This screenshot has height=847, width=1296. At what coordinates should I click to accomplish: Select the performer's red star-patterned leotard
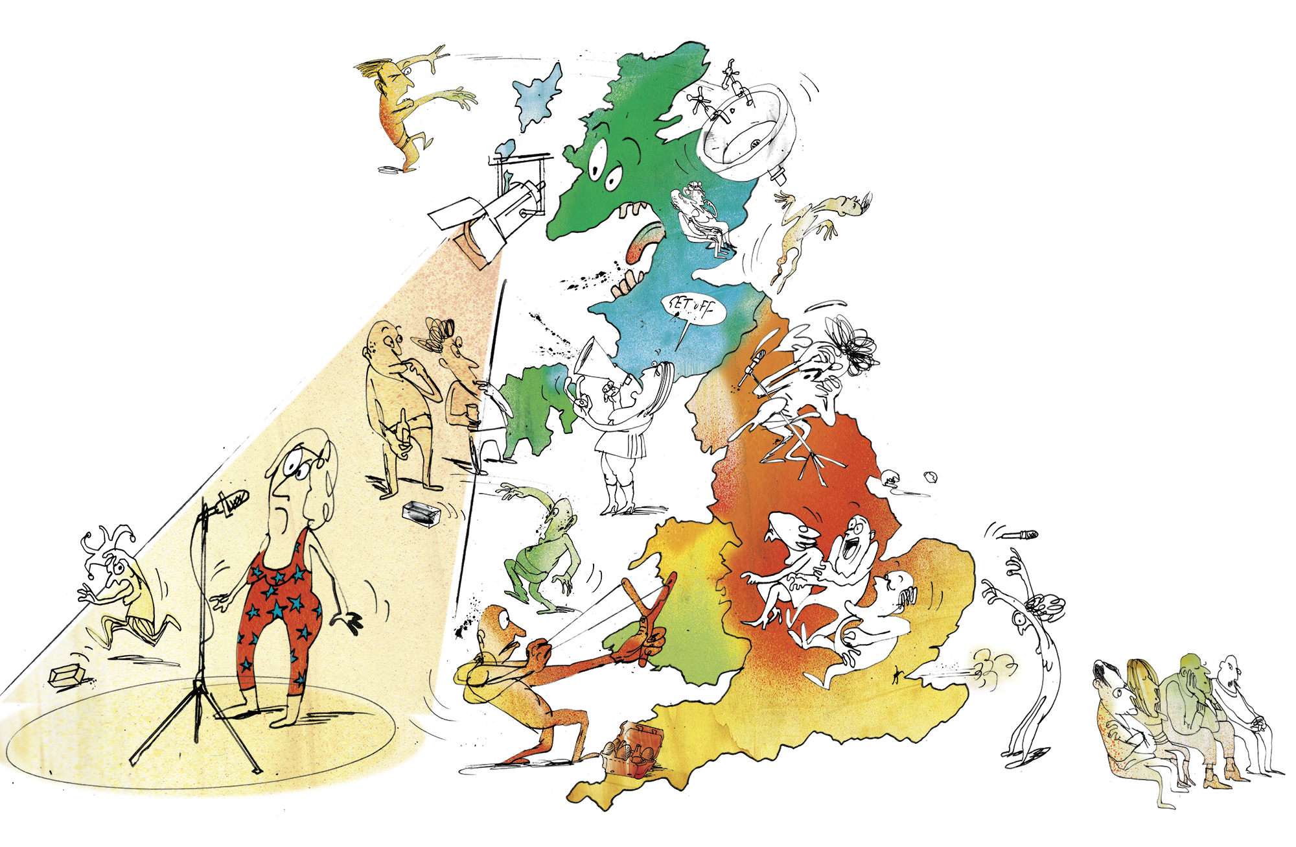(x=279, y=616)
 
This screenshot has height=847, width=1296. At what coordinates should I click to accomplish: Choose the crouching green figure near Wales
(x=544, y=551)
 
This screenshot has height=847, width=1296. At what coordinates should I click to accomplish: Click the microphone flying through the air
(x=1021, y=535)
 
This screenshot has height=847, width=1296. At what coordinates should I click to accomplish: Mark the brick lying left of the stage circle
(x=67, y=676)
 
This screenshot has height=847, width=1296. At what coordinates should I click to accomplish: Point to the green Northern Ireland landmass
(x=531, y=409)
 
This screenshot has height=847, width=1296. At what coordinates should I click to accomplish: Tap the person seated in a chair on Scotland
(x=703, y=217)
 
